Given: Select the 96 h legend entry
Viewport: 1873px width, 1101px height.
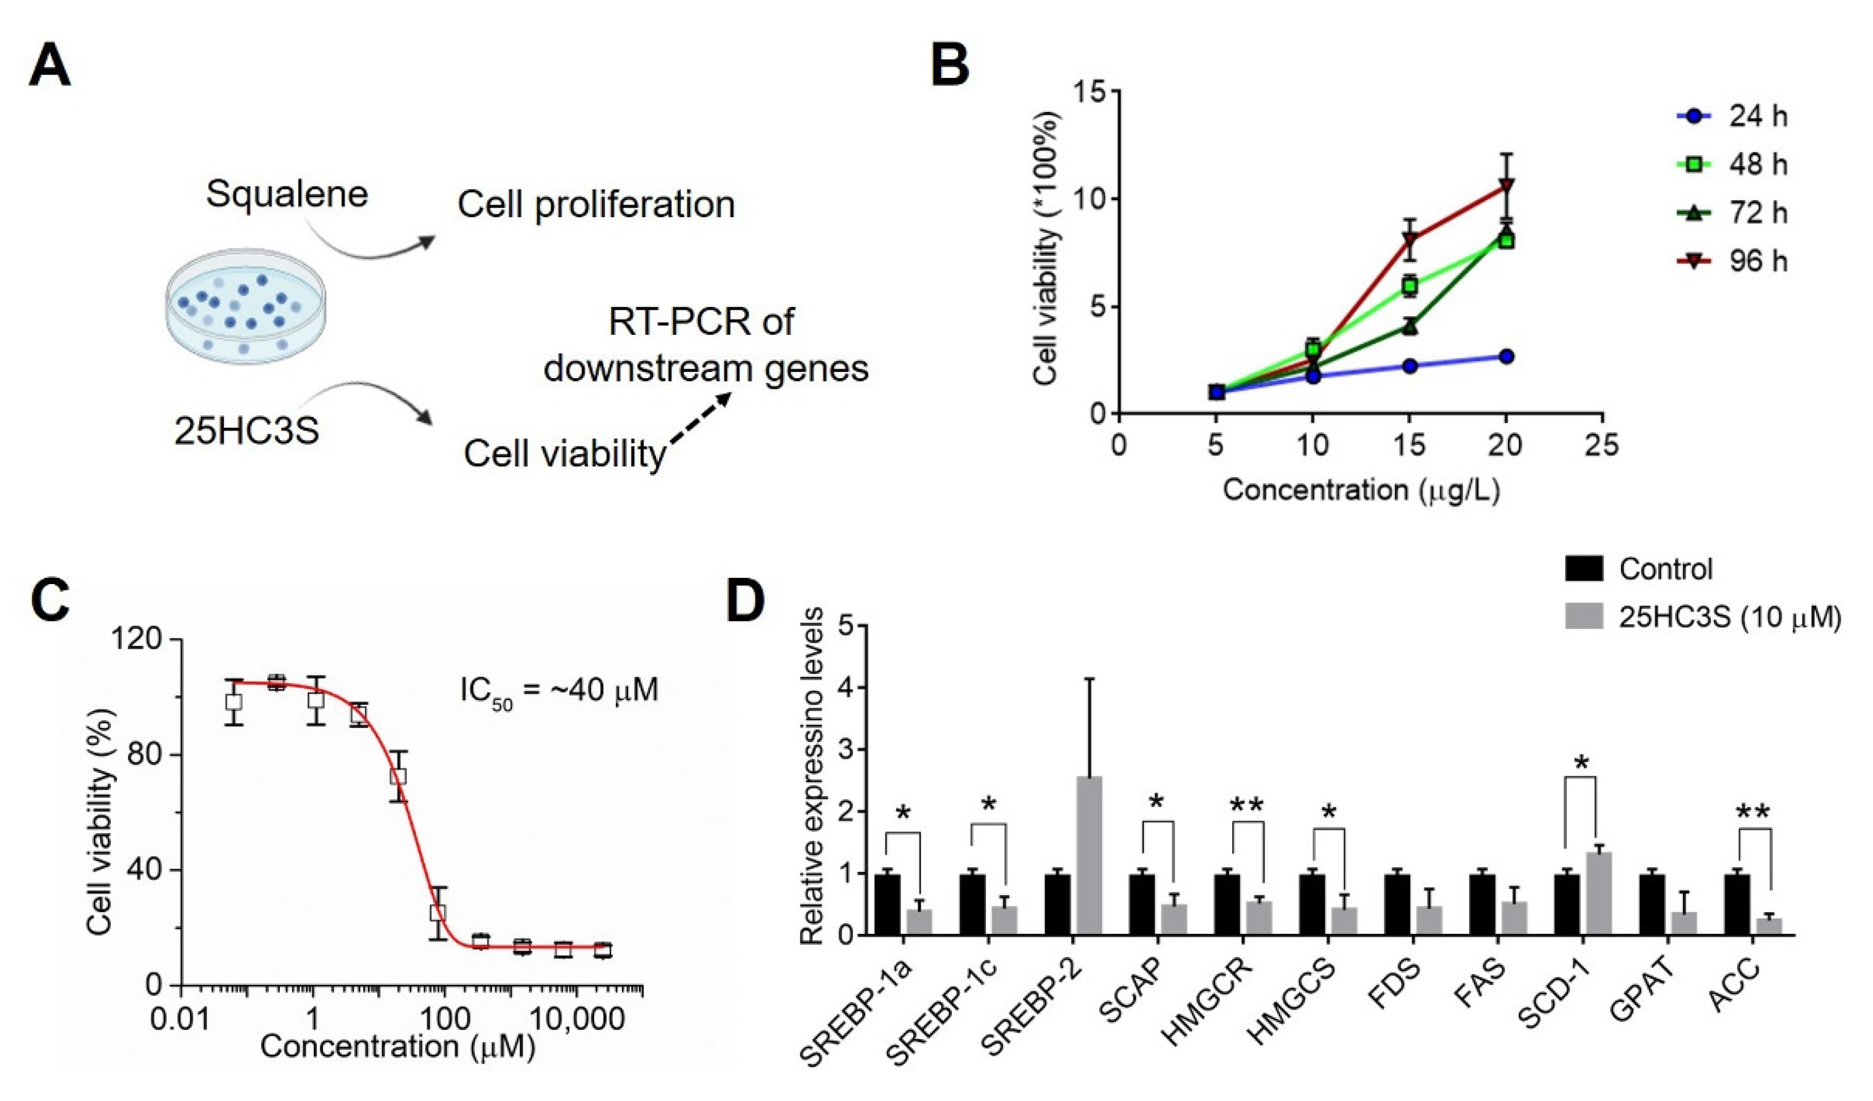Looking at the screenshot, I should coord(1732,261).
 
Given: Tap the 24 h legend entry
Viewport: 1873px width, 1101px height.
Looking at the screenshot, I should coord(1732,117).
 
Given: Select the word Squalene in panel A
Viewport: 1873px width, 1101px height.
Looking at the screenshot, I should coord(287,194).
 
